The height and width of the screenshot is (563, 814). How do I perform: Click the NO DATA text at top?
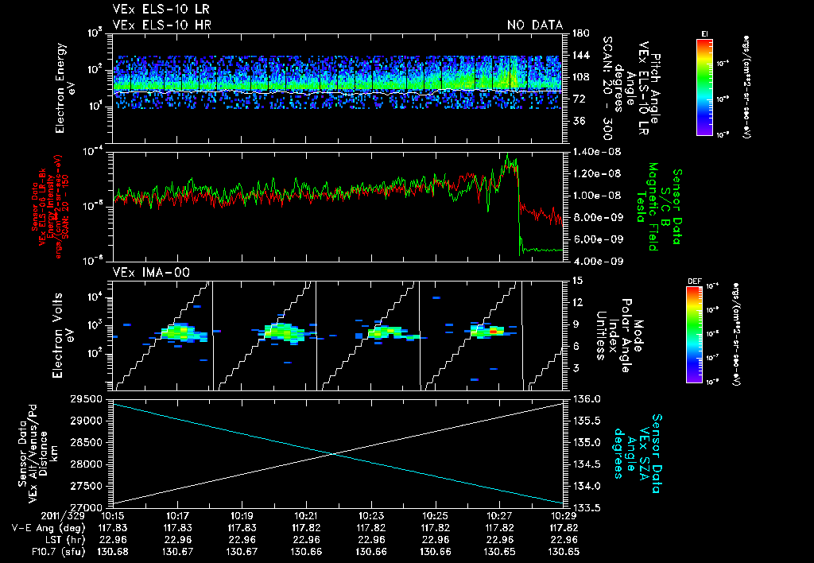[x=535, y=25]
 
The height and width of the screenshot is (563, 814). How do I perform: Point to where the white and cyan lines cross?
[x=333, y=453]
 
